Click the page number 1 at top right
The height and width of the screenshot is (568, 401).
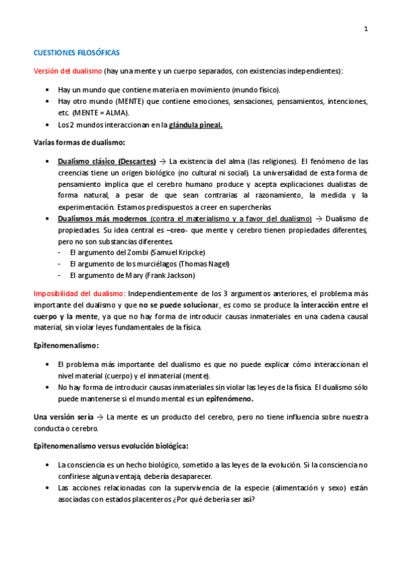366,28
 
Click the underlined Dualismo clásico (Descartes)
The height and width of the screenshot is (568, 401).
107,161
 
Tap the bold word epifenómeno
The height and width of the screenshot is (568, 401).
230,399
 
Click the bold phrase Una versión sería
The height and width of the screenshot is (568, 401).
65,417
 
